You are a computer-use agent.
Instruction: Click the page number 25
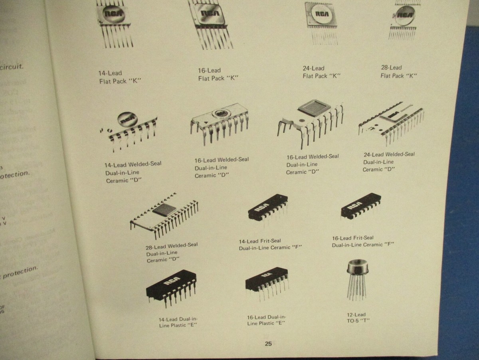(x=268, y=344)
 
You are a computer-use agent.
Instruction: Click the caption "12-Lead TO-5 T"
(x=356, y=317)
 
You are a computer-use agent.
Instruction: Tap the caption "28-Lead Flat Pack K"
(x=398, y=72)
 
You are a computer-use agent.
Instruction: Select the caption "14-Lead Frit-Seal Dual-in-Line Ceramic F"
(x=270, y=244)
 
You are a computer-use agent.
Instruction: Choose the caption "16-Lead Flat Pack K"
(x=218, y=74)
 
